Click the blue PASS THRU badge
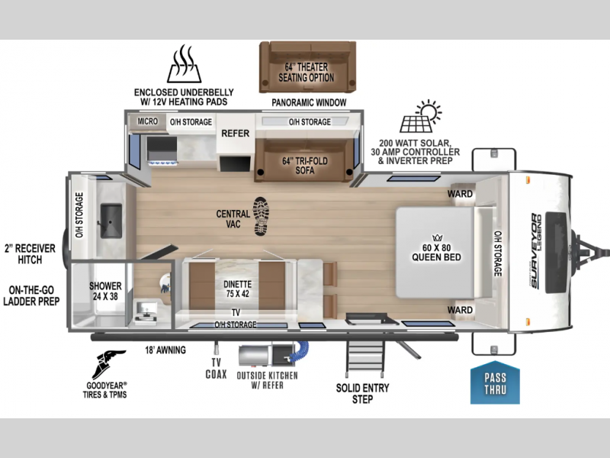click(x=495, y=383)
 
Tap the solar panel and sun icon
click(x=421, y=116)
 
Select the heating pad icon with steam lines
click(x=184, y=63)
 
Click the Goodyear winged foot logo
click(x=108, y=364)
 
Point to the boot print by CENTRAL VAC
click(x=261, y=216)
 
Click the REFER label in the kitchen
click(x=236, y=133)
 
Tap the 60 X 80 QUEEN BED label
click(x=436, y=253)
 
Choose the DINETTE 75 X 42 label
click(x=237, y=289)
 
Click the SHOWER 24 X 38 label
click(x=105, y=291)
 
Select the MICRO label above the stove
click(x=147, y=121)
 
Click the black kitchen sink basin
click(x=111, y=221)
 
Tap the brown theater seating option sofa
click(x=307, y=67)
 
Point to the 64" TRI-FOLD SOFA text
click(x=305, y=166)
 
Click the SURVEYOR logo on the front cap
click(x=536, y=251)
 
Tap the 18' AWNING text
click(x=165, y=350)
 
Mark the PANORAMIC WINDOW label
click(x=309, y=102)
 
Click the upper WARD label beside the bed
click(x=460, y=194)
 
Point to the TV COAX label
click(x=217, y=369)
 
